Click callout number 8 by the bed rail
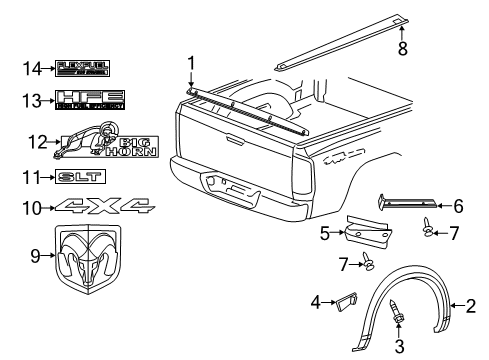click(x=402, y=47)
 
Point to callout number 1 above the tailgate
click(x=190, y=65)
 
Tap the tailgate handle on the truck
click(x=230, y=186)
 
